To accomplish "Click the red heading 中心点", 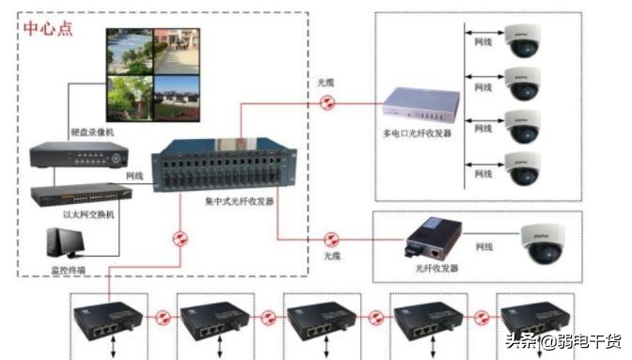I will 51,28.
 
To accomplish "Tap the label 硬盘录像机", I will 92,133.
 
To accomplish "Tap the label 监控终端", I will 59,269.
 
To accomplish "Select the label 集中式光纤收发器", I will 238,201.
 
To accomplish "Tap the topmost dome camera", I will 524,38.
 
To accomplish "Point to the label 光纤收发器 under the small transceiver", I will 437,268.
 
